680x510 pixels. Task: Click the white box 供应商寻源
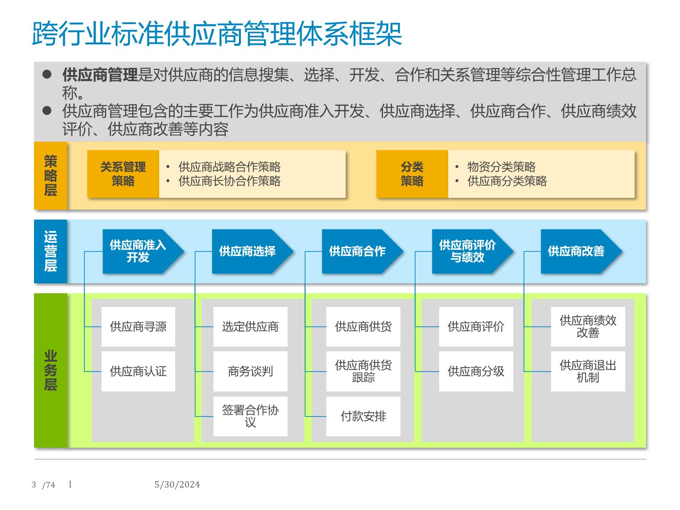138,327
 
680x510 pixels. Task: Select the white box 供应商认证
138,371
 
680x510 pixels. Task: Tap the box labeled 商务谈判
250,371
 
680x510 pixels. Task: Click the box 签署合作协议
250,416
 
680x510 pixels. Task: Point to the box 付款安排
363,416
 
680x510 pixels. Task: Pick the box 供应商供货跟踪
363,371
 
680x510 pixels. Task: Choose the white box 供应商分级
476,371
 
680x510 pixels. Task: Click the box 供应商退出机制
588,371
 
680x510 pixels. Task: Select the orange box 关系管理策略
123,174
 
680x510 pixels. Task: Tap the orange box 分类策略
412,174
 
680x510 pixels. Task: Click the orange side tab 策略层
51,175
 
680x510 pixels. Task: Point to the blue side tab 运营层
51,251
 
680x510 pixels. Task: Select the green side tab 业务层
51,370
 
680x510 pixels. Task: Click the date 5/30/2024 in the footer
177,484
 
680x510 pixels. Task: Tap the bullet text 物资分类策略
501,167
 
